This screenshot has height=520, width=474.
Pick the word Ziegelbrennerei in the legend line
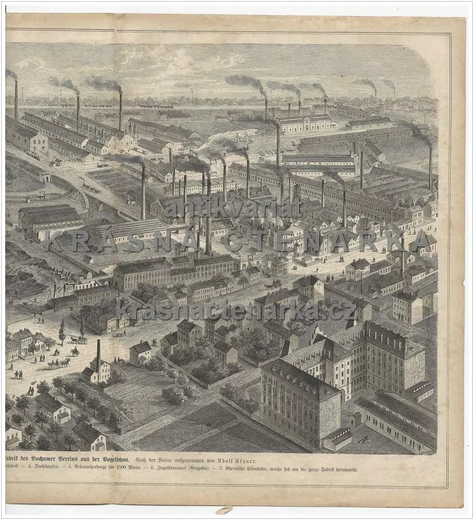click(160, 468)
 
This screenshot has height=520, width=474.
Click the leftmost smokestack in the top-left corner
click(16, 101)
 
